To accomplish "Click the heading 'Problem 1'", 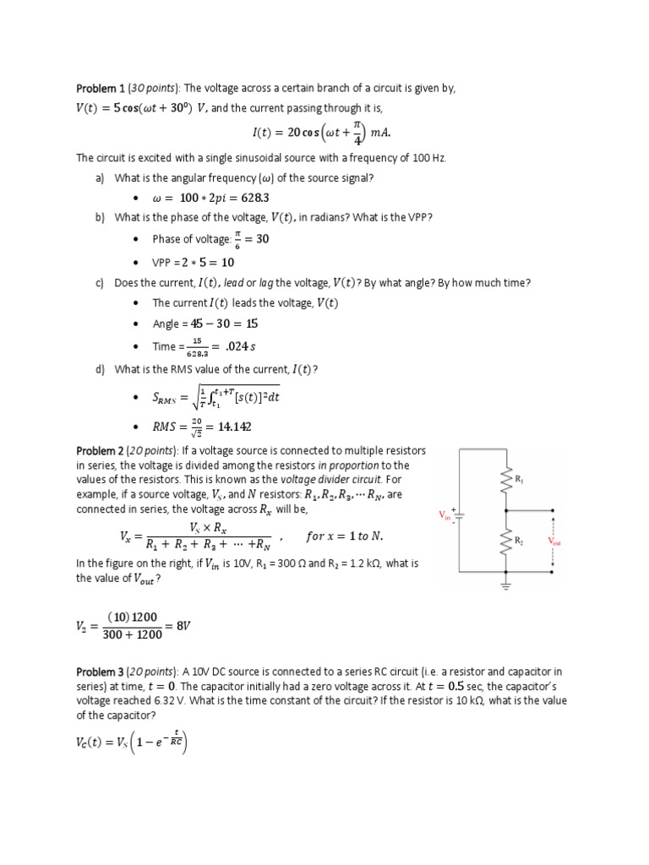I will pos(101,89).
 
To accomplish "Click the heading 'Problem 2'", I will pos(101,451).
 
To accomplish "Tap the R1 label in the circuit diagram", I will pos(519,480).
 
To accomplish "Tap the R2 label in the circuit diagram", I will pos(519,541).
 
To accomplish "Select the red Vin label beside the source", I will pos(444,514).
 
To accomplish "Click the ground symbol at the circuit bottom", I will pos(506,585).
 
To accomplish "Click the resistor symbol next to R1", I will pos(507,480).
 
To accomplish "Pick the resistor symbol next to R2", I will pos(507,541).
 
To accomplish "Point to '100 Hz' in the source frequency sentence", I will pos(428,158).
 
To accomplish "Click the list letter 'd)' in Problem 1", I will pos(101,368).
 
